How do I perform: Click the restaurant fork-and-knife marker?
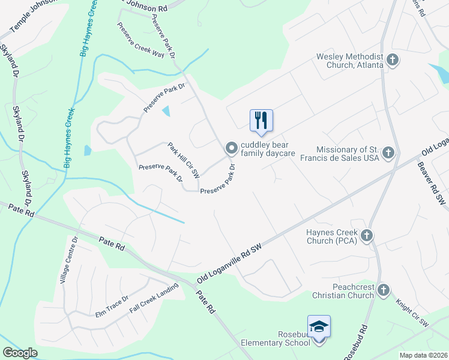click(261, 119)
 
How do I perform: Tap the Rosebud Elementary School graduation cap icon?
click(319, 326)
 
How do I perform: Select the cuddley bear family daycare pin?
click(231, 148)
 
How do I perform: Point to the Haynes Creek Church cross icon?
click(367, 234)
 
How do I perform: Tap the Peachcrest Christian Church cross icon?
click(384, 291)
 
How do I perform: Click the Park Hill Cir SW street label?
click(183, 160)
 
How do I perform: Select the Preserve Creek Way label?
click(140, 41)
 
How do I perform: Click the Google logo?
click(20, 353)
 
